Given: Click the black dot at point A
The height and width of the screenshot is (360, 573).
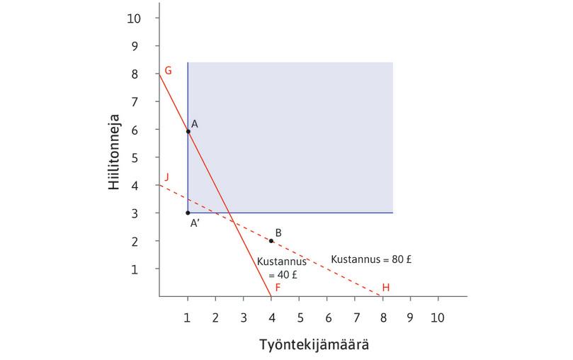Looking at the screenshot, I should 188,131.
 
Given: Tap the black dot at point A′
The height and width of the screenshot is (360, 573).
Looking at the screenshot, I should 188,213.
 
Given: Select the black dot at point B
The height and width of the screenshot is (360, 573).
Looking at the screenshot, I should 271,241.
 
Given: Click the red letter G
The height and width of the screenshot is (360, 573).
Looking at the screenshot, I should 168,70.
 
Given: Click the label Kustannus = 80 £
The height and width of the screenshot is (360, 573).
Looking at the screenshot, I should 373,259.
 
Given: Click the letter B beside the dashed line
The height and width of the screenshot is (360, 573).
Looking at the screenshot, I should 279,232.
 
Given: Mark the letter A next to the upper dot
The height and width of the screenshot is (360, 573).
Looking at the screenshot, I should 194,123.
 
